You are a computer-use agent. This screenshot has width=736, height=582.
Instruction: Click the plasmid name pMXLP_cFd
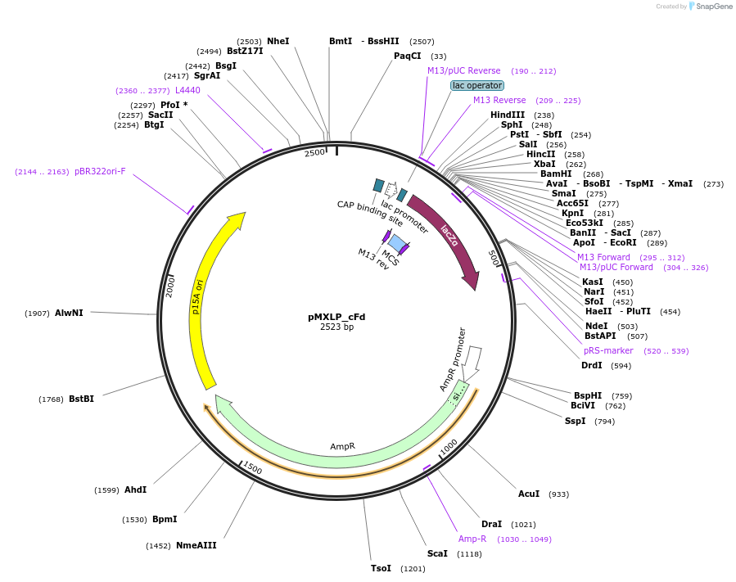[336, 316]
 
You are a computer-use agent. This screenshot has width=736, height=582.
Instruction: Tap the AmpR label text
[342, 446]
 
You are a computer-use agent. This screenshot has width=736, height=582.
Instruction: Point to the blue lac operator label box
[477, 85]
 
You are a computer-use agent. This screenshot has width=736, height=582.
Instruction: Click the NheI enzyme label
[278, 41]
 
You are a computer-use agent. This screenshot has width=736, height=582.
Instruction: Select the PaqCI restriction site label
[407, 56]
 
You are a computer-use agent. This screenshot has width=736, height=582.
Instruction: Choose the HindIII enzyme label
[508, 115]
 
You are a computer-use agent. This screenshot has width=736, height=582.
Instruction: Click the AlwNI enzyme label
[69, 313]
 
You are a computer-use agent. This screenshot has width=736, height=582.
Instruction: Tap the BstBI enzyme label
[81, 399]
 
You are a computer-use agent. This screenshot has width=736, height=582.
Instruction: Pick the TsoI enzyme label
[381, 568]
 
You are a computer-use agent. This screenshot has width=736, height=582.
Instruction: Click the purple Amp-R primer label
[472, 539]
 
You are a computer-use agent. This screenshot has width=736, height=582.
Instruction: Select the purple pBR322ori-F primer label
[100, 171]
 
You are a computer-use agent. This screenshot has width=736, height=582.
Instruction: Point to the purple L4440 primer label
[187, 90]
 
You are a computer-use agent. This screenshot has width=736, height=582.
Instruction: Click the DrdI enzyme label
[592, 365]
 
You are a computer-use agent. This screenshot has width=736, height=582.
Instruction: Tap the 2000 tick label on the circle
[170, 286]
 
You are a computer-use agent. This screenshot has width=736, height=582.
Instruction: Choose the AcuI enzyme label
[529, 494]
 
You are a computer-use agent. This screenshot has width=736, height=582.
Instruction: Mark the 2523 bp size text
[336, 327]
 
